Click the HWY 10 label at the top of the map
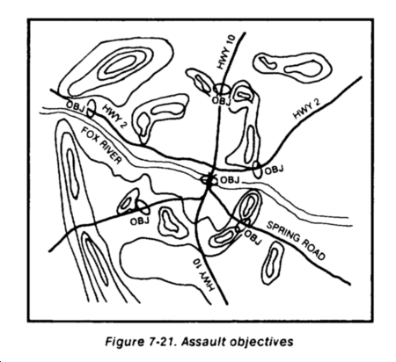point(226,52)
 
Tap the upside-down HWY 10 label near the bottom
point(202,275)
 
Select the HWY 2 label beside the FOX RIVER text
point(114,117)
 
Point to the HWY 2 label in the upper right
point(307,108)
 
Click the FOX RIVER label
point(101,146)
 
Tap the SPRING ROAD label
point(296,241)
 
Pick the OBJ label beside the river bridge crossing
point(230,180)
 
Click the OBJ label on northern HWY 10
point(221,100)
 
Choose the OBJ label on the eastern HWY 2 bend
point(275,170)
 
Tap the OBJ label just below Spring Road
point(253,237)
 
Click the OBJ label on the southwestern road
point(140,221)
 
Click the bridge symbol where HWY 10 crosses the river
point(209,179)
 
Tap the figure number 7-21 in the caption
point(160,342)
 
